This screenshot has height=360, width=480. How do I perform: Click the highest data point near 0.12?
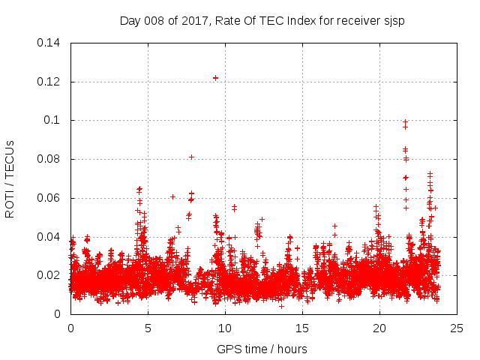click(x=215, y=77)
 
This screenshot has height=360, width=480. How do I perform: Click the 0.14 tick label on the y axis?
click(x=50, y=43)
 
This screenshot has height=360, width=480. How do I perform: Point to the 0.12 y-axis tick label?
click(x=50, y=82)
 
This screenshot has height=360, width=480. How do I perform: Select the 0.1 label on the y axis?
click(x=54, y=120)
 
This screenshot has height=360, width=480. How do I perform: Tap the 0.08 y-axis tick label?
click(x=50, y=159)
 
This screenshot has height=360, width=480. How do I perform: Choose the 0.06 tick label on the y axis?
click(x=50, y=198)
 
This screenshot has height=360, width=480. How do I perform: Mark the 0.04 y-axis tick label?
click(x=50, y=237)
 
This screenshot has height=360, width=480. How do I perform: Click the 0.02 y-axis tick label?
click(x=50, y=275)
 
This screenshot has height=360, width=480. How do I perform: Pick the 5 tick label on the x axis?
click(x=148, y=328)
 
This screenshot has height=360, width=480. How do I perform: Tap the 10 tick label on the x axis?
click(x=225, y=328)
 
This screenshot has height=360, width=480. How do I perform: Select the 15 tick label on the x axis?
click(x=302, y=328)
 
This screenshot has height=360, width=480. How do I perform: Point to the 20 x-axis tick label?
click(x=379, y=328)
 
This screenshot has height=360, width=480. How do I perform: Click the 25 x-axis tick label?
click(x=457, y=328)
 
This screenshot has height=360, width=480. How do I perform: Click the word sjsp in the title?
click(x=393, y=21)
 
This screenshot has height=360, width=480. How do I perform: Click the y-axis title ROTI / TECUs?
click(x=10, y=178)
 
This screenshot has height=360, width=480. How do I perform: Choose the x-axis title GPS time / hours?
click(x=262, y=349)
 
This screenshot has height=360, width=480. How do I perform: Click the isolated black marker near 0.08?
click(x=191, y=157)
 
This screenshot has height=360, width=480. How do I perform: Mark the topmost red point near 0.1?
click(x=406, y=121)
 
